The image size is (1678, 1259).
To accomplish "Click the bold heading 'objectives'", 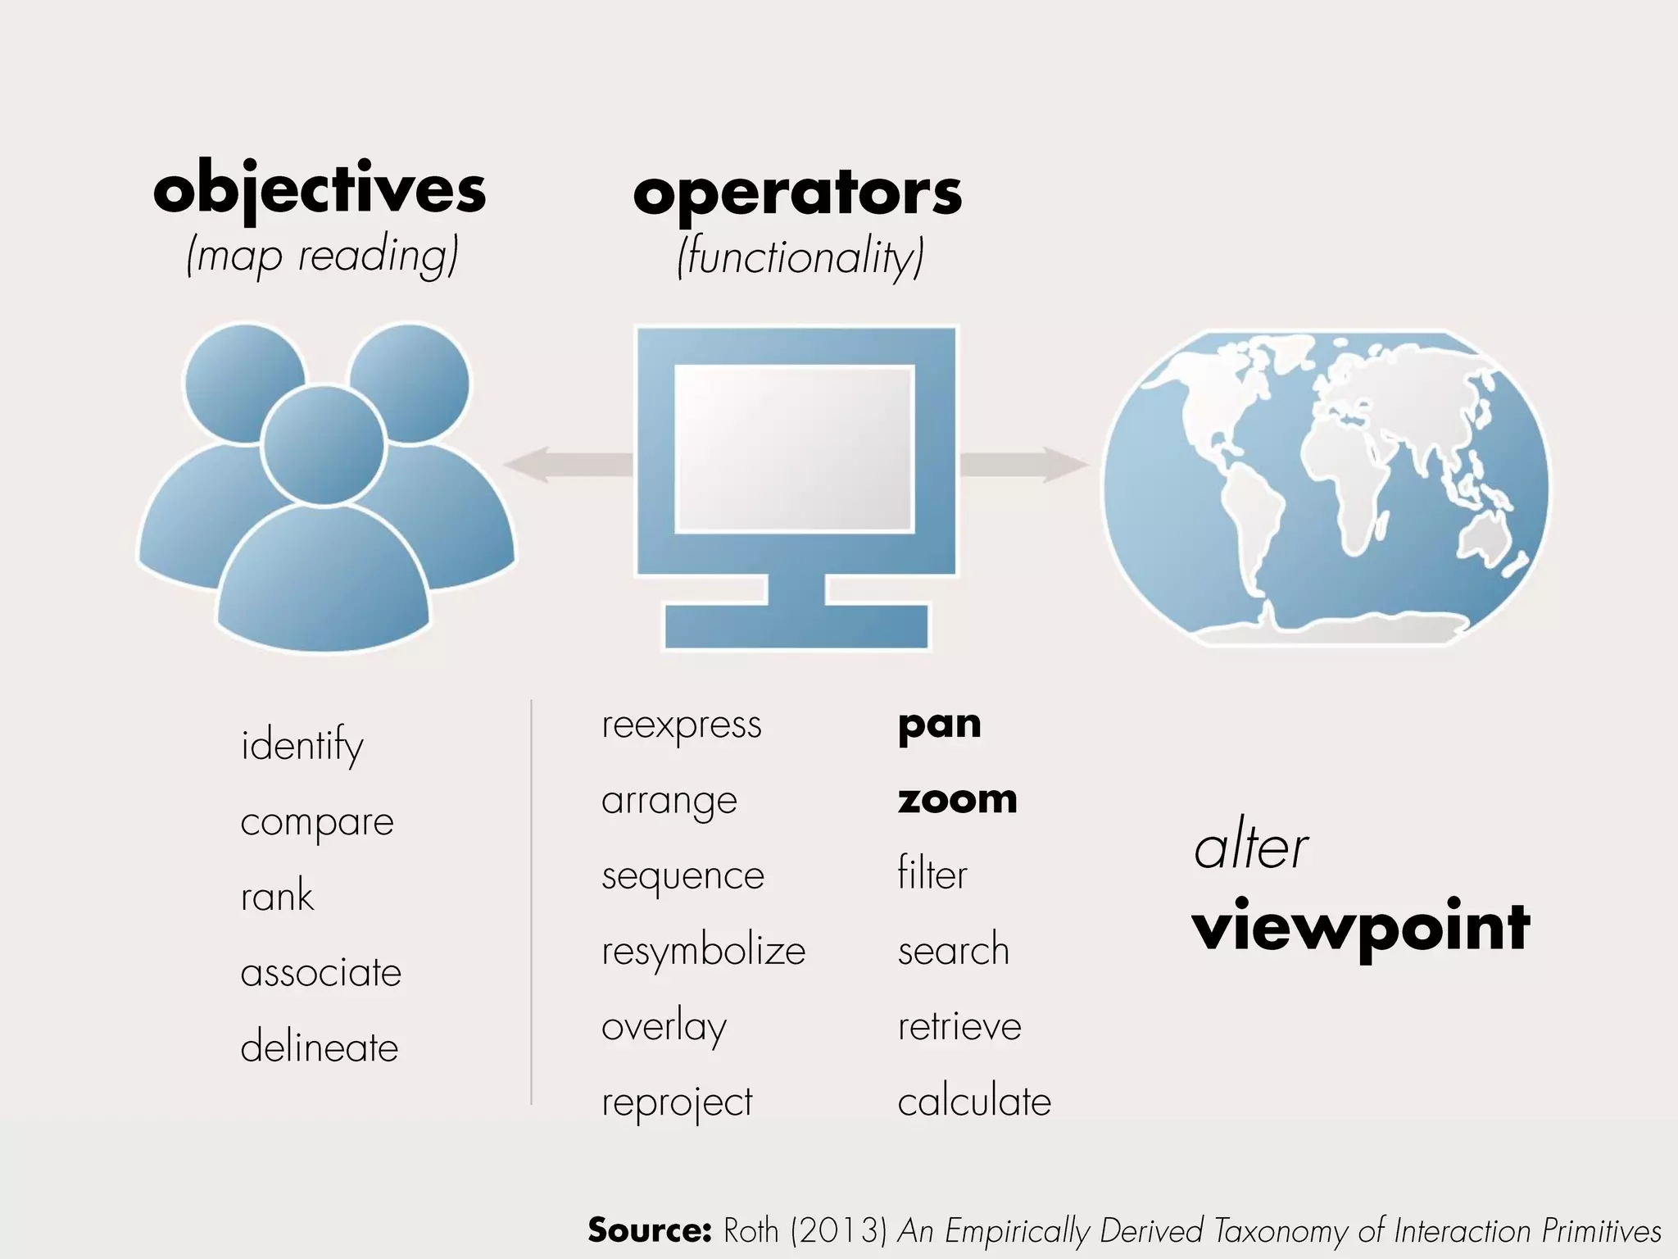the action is pyautogui.click(x=320, y=190).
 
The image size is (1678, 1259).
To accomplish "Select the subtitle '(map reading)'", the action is pyautogui.click(x=322, y=256).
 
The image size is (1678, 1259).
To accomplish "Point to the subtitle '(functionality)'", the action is pyautogui.click(x=800, y=257).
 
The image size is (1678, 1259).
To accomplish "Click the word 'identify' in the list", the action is pyautogui.click(x=302, y=745).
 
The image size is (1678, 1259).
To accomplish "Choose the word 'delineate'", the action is pyautogui.click(x=320, y=1048).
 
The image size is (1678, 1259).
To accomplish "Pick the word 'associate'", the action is pyautogui.click(x=321, y=973).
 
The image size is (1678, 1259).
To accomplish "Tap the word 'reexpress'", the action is pyautogui.click(x=682, y=725).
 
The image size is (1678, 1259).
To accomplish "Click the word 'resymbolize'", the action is pyautogui.click(x=704, y=952).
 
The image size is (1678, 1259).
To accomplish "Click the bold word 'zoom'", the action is pyautogui.click(x=957, y=799).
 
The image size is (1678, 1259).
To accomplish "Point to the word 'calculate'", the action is pyautogui.click(x=974, y=1102).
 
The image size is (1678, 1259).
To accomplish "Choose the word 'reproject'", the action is pyautogui.click(x=677, y=1103).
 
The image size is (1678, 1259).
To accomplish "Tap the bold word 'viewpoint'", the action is pyautogui.click(x=1361, y=928).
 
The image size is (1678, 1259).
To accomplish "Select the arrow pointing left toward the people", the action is pyautogui.click(x=565, y=465).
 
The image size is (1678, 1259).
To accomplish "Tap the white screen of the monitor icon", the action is pyautogui.click(x=794, y=448).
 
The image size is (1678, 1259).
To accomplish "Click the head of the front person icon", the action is pyautogui.click(x=323, y=446).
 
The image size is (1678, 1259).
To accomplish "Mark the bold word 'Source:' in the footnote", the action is pyautogui.click(x=649, y=1229).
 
